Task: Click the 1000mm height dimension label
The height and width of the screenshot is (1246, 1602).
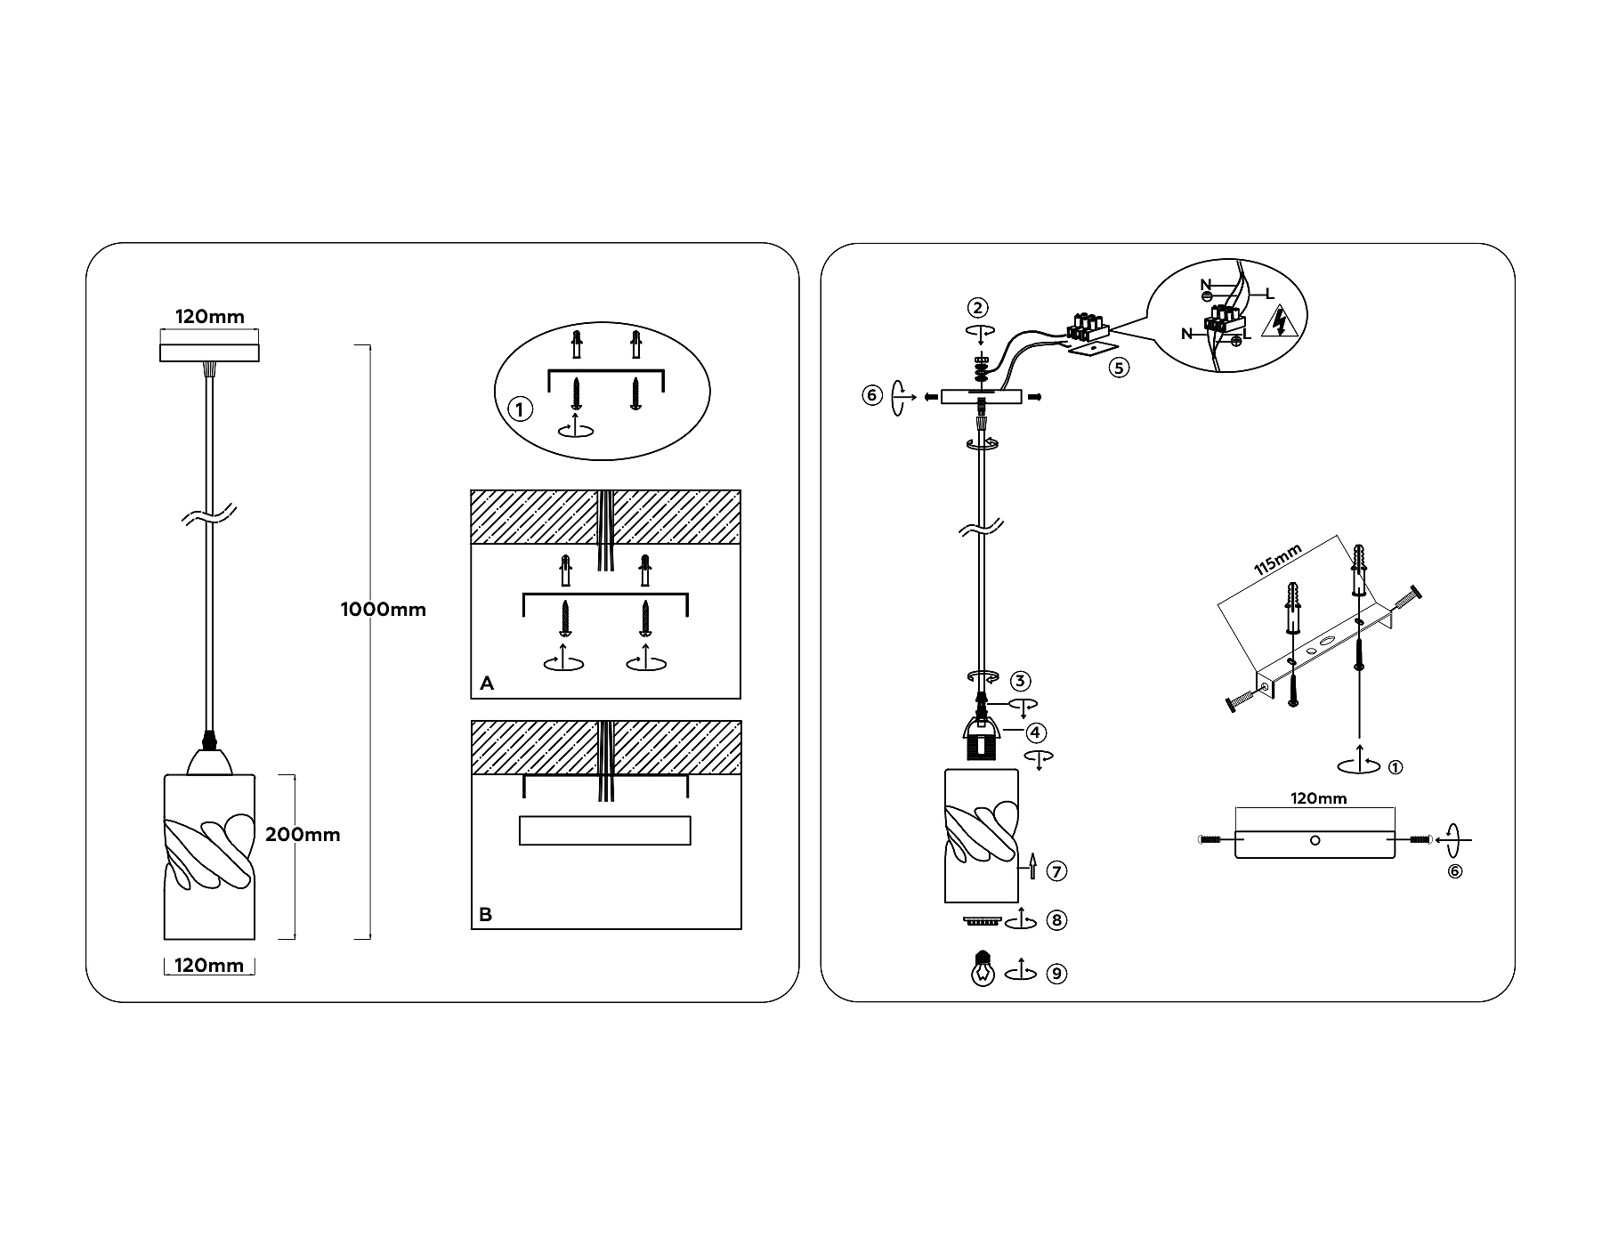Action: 383,610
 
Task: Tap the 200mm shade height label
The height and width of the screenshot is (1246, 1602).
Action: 303,835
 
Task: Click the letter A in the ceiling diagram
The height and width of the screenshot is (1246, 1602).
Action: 486,684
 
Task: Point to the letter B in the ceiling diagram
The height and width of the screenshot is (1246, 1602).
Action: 485,915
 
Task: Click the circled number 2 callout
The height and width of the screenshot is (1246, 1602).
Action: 977,308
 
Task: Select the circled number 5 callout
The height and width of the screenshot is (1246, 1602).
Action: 1119,367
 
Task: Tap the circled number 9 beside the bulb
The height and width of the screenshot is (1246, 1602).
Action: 1056,974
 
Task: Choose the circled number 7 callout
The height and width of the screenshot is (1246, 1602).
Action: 1056,871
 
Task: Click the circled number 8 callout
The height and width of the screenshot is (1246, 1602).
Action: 1056,920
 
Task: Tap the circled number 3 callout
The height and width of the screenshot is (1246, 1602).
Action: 1021,682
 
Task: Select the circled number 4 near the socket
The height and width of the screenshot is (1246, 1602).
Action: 1035,732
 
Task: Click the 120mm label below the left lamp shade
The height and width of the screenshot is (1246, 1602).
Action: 209,966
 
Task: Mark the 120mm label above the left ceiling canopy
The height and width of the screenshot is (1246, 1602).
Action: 209,317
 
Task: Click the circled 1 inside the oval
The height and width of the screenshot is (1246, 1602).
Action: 519,409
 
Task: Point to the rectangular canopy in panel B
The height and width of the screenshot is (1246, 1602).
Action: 604,830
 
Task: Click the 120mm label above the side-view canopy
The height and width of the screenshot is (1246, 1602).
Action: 1318,798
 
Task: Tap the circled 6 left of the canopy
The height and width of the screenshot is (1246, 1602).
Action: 871,394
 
